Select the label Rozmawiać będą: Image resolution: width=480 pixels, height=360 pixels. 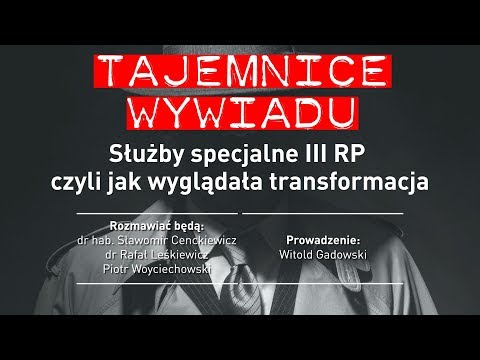click(x=159, y=224)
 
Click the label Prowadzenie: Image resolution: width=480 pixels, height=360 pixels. click(x=322, y=240)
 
